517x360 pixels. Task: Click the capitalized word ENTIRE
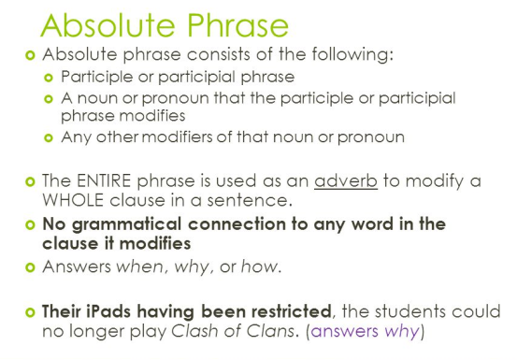(x=105, y=181)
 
